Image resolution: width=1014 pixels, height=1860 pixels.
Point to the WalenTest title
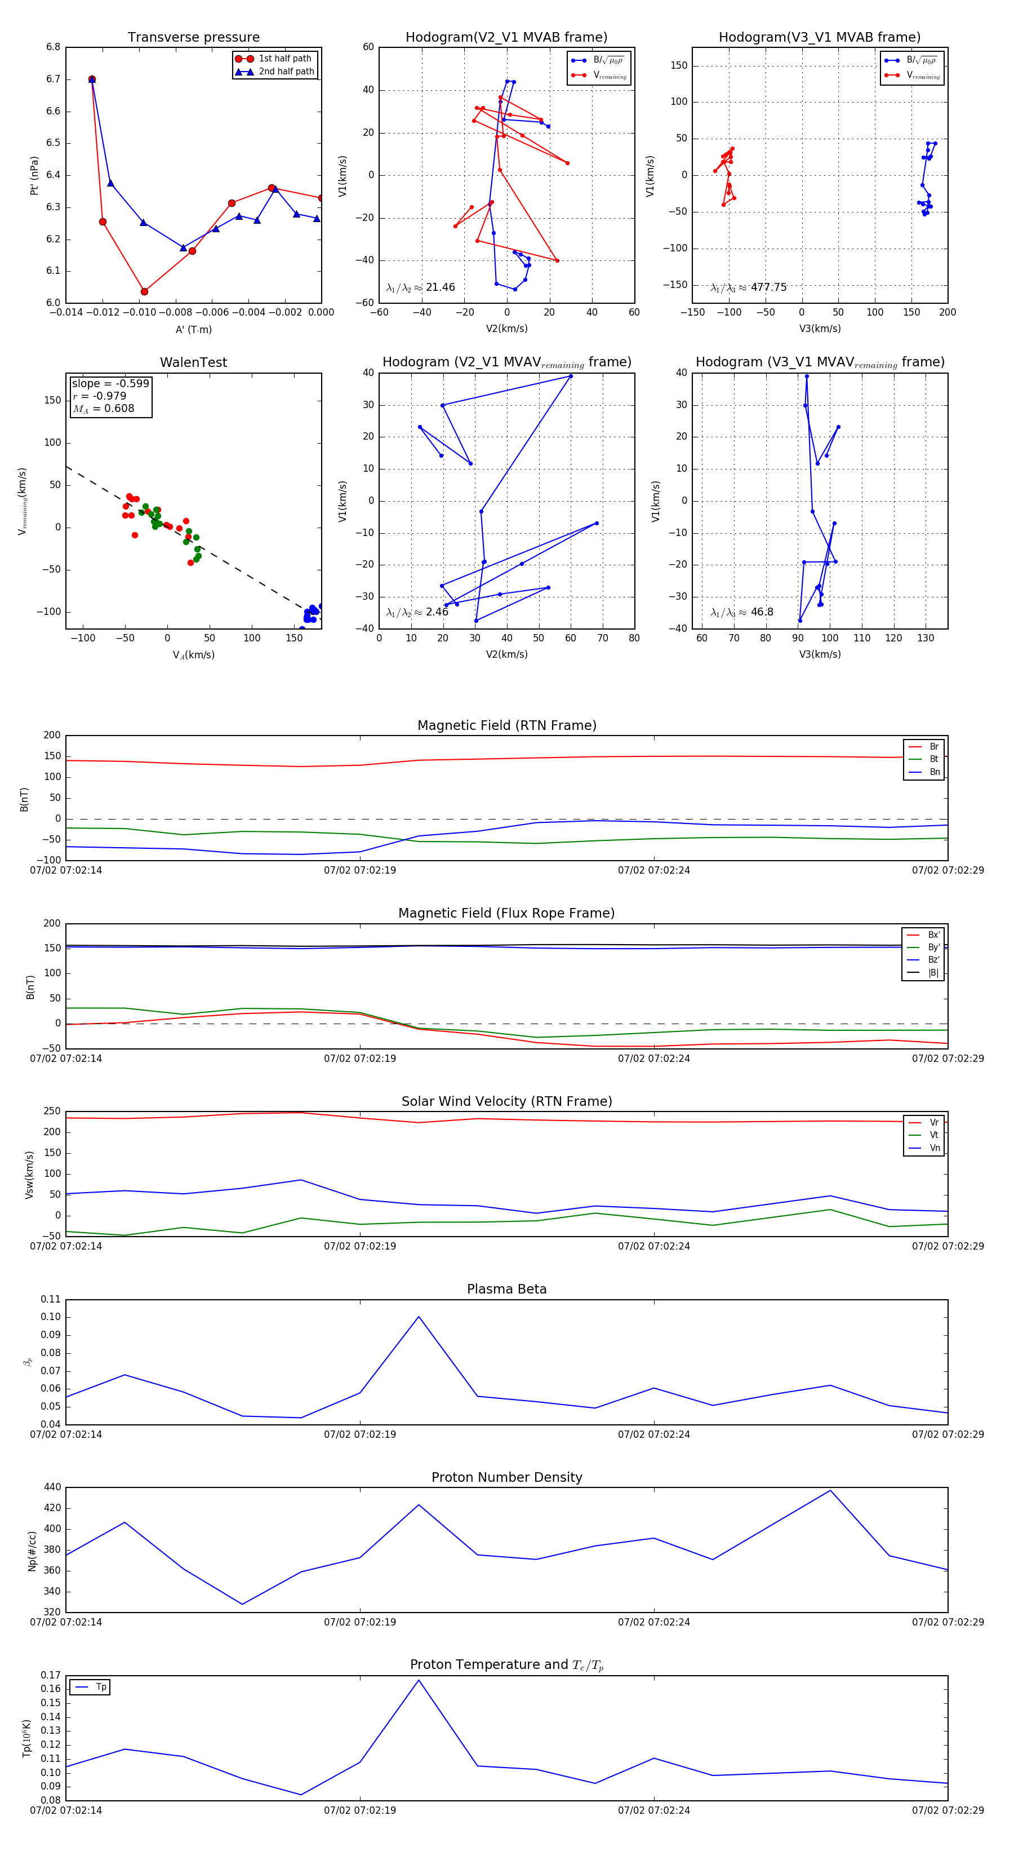click(x=193, y=362)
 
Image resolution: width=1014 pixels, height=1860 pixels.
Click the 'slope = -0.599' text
click(x=110, y=383)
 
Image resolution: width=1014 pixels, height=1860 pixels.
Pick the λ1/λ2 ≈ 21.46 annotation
click(x=421, y=287)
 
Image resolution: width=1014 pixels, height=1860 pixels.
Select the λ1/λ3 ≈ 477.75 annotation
click(x=749, y=287)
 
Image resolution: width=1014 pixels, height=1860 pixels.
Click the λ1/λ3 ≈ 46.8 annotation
click(x=742, y=612)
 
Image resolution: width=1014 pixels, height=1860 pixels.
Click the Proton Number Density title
click(x=506, y=1477)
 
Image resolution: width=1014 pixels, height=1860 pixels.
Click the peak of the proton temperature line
click(x=419, y=1680)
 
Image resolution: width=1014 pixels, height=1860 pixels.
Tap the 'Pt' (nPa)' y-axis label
click(x=34, y=175)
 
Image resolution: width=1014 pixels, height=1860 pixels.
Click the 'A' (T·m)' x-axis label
click(x=193, y=330)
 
